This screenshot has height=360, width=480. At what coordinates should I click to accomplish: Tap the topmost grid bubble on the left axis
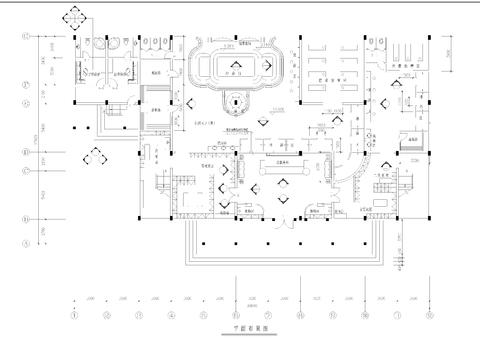click(x=26, y=38)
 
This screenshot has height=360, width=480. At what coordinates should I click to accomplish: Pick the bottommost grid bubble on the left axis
click(x=26, y=243)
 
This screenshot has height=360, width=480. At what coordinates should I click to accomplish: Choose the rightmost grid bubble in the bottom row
click(x=430, y=315)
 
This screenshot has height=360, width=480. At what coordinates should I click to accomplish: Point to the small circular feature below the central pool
click(x=236, y=102)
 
